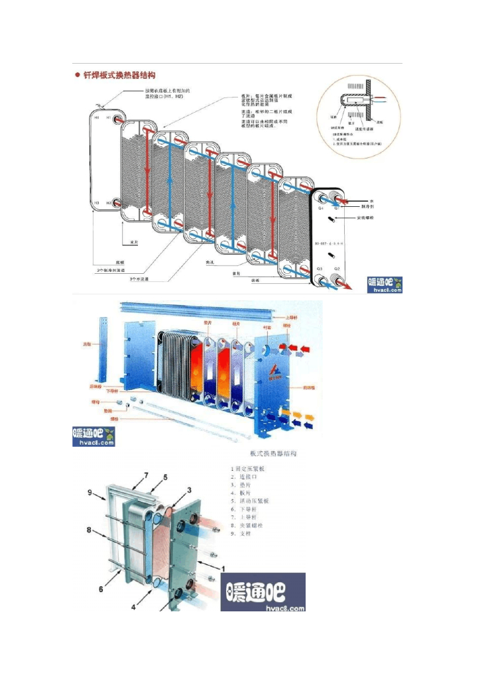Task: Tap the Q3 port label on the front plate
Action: [320, 269]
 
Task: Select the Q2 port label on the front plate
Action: [337, 269]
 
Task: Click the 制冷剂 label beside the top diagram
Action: [375, 206]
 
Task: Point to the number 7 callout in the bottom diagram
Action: [146, 475]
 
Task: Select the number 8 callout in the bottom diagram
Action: [89, 530]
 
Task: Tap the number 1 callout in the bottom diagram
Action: [223, 568]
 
